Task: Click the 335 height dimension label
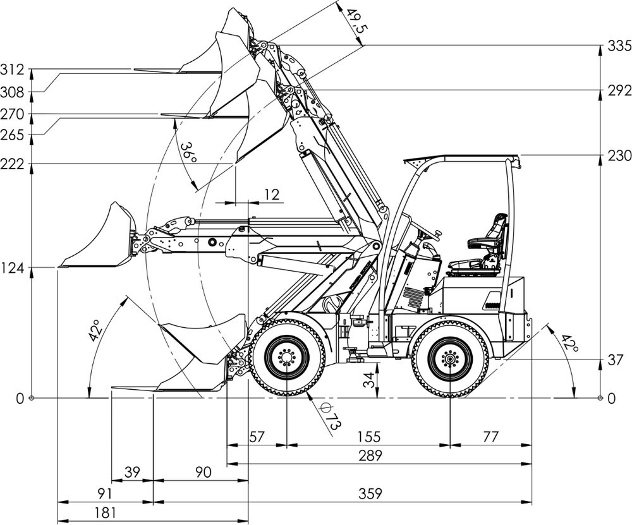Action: coord(619,46)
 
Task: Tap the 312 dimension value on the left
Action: coord(12,69)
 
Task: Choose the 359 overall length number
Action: coord(370,493)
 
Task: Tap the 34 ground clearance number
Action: coord(368,380)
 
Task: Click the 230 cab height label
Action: coord(619,155)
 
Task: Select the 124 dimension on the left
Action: coord(12,267)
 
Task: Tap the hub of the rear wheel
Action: coord(449,358)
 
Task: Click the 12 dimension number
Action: coord(272,195)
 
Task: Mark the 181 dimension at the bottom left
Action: coord(105,513)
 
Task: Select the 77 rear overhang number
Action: coord(490,437)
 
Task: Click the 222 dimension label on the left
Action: coord(12,164)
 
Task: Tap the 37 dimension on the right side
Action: coord(616,360)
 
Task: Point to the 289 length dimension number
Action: coord(370,456)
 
